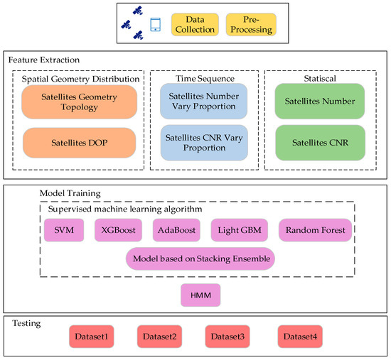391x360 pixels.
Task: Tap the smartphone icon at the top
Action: click(x=156, y=25)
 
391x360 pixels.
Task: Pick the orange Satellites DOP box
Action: click(x=78, y=142)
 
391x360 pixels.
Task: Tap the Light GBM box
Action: click(x=239, y=230)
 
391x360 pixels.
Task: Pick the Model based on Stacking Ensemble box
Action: click(x=200, y=259)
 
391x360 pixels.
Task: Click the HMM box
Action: click(x=200, y=293)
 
